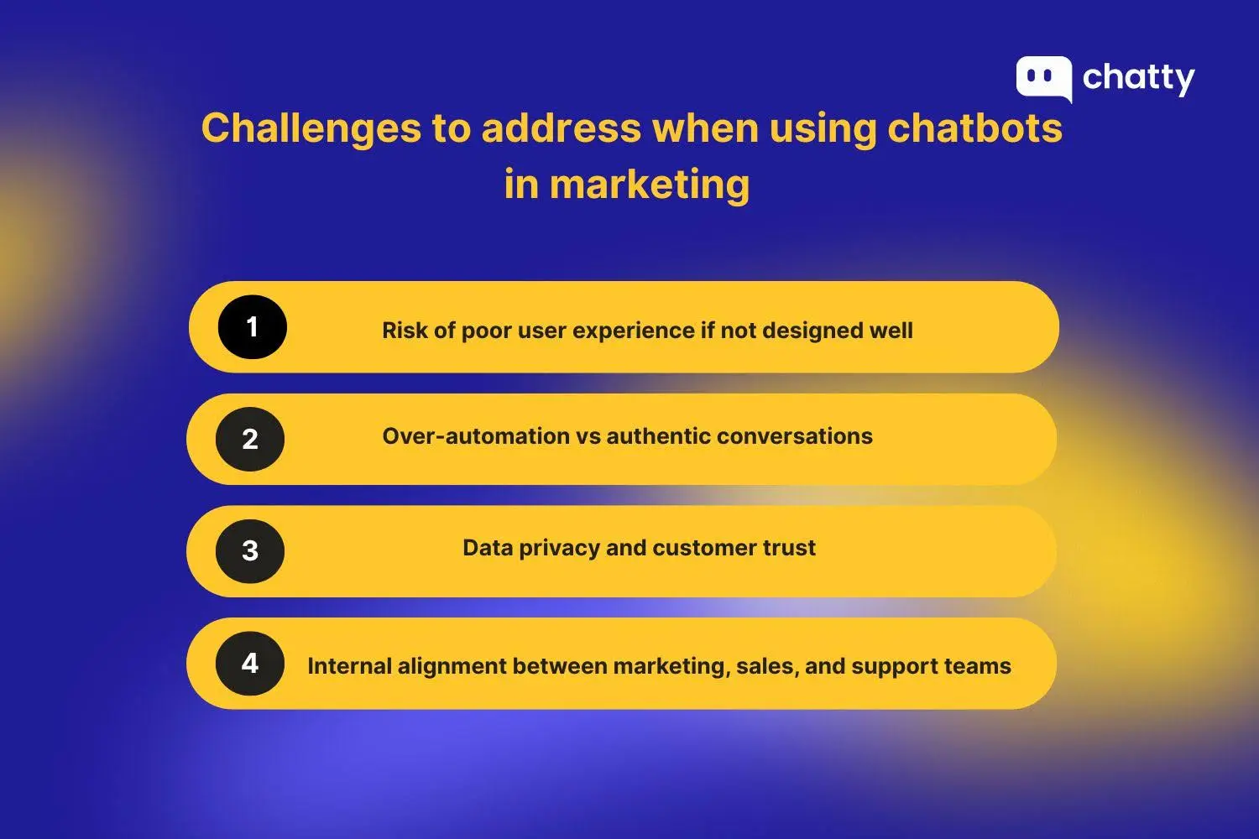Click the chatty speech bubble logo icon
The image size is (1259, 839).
[1043, 78]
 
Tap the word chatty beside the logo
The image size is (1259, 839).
[1138, 78]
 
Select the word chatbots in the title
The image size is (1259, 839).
[975, 128]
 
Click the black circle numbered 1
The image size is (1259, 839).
[252, 327]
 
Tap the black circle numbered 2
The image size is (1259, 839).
[250, 439]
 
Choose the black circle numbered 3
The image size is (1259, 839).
[250, 551]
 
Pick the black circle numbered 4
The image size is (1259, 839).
[250, 664]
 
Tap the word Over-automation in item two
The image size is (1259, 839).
[476, 436]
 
